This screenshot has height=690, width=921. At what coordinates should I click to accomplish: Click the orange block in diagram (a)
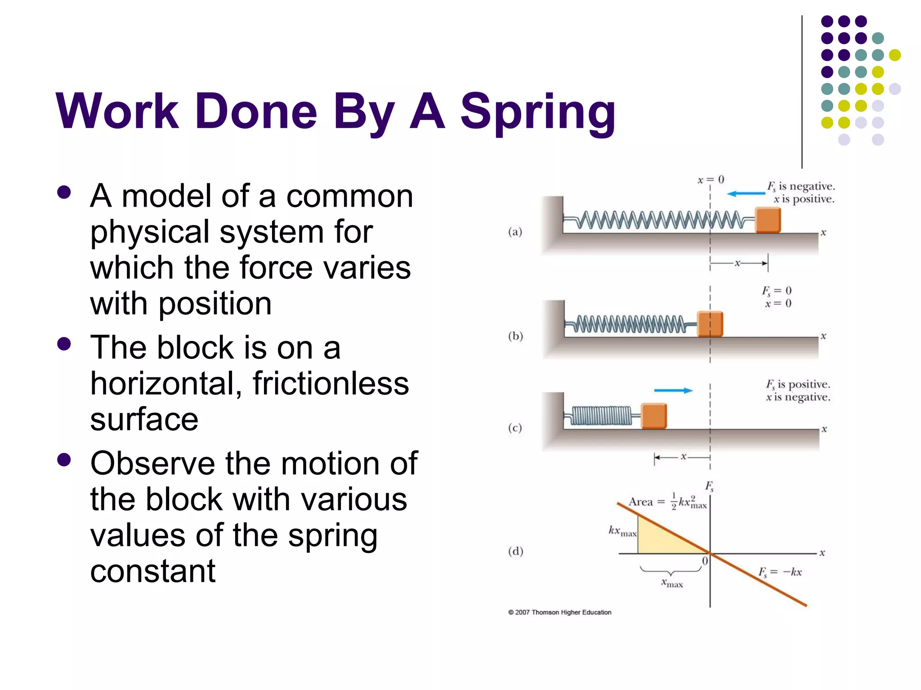(768, 220)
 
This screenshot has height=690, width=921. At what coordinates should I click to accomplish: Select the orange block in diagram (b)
(710, 323)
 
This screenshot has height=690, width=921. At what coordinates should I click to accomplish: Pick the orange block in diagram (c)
(653, 416)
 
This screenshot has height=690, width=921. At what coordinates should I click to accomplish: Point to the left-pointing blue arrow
(746, 194)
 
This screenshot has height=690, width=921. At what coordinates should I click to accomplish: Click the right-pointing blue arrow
(673, 390)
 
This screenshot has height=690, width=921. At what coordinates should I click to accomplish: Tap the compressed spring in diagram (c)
(602, 416)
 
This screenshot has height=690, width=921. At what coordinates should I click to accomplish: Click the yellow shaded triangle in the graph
(661, 539)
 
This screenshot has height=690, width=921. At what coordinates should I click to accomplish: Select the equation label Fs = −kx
(780, 572)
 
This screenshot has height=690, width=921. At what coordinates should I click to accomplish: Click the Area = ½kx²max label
(668, 502)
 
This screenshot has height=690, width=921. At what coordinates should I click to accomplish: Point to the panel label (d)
(515, 551)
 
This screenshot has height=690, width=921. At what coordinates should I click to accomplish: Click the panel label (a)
(515, 232)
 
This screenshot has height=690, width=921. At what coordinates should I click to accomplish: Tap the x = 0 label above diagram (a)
(711, 180)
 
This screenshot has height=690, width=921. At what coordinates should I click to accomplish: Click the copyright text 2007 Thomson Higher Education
(560, 612)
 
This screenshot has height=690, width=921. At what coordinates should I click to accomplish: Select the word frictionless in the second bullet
(331, 384)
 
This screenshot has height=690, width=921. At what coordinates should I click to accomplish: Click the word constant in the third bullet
(153, 571)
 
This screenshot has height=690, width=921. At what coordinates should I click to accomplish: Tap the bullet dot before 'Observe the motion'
(64, 460)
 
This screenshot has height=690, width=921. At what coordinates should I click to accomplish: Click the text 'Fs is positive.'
(798, 385)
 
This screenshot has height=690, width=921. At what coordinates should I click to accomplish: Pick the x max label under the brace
(672, 584)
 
